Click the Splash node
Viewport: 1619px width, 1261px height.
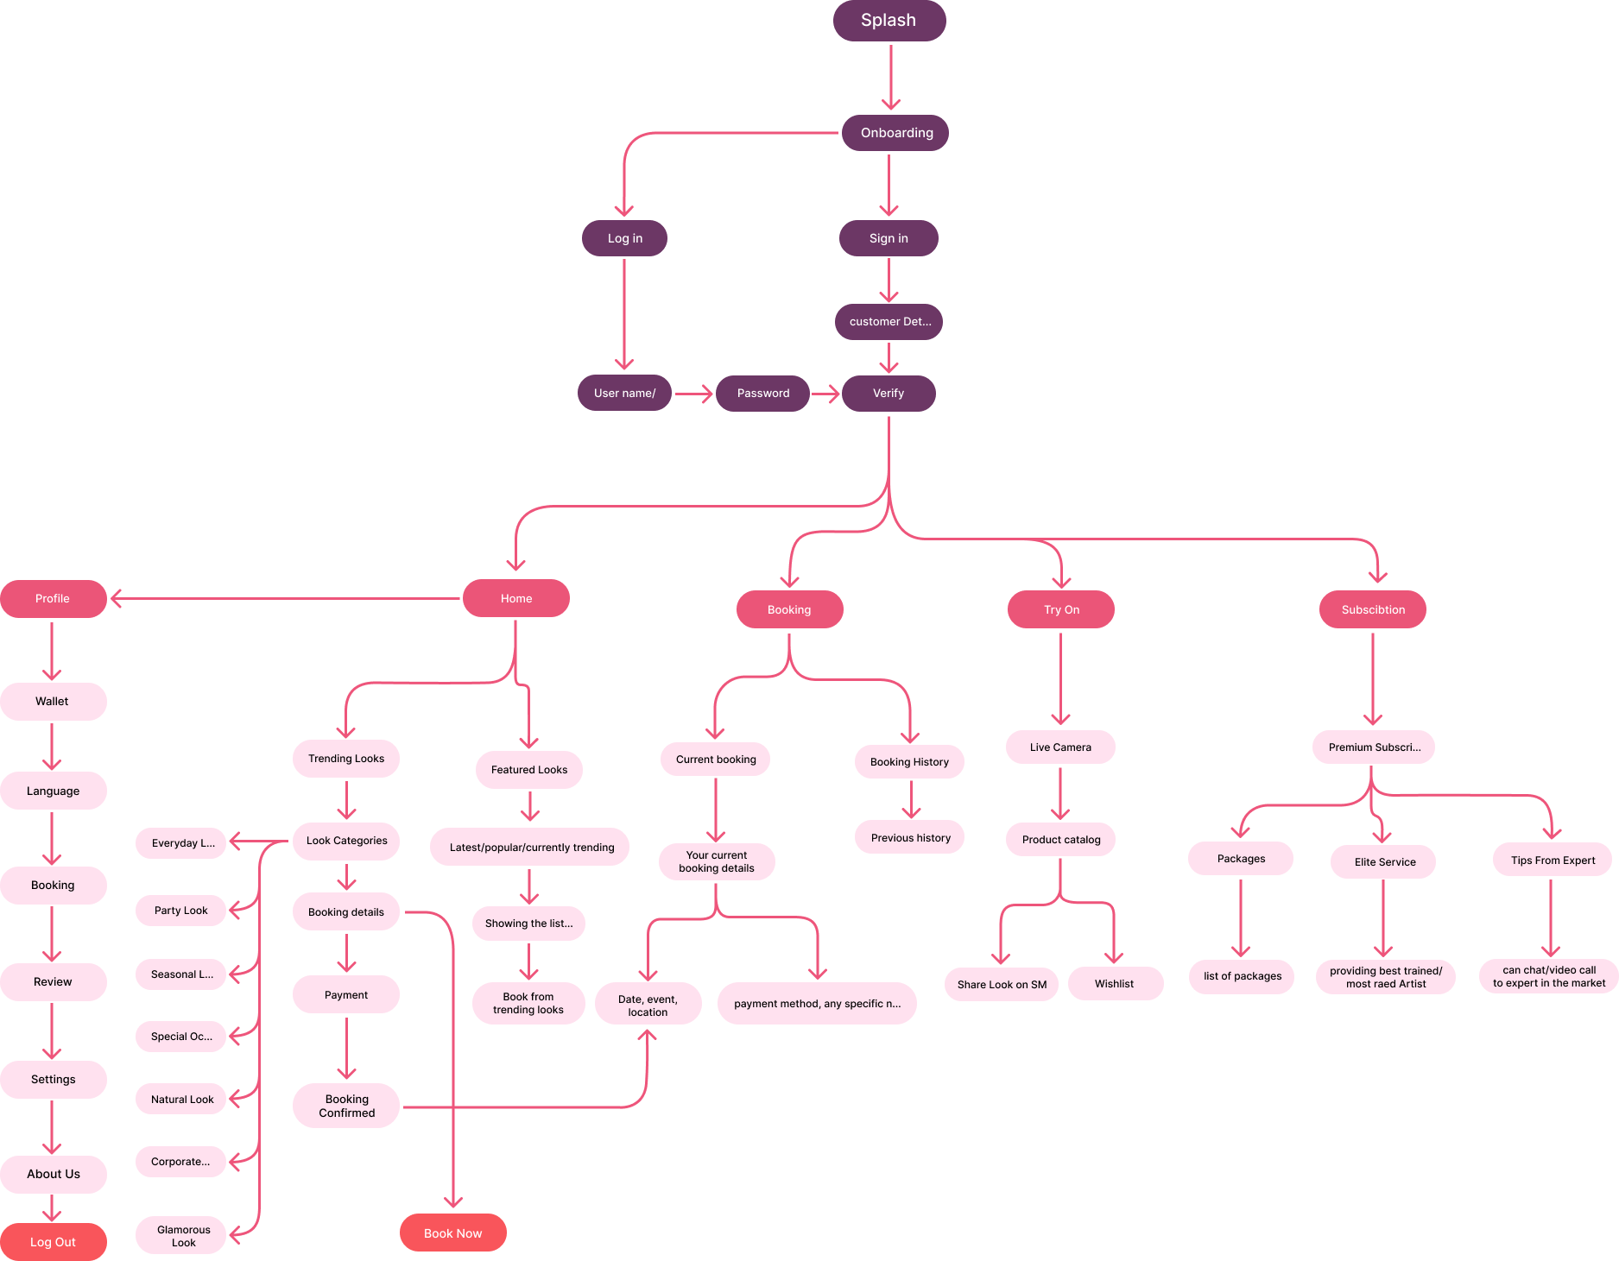tap(889, 21)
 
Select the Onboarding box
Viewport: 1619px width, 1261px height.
tap(895, 133)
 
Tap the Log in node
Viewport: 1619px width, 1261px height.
tap(624, 238)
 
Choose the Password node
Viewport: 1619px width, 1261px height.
tap(762, 394)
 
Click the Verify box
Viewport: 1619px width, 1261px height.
tap(888, 394)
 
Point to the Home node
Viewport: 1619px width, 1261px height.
tap(515, 598)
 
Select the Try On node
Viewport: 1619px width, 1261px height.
tap(1060, 609)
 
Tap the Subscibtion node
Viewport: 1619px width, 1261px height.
tap(1372, 609)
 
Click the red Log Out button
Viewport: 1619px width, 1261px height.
tap(53, 1242)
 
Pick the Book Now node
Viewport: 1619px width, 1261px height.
tap(452, 1233)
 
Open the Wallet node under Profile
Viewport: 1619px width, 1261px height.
tap(53, 702)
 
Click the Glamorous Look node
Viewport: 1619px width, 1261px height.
tap(181, 1236)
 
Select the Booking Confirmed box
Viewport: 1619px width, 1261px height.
tap(346, 1106)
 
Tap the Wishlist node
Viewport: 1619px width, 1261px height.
tap(1115, 984)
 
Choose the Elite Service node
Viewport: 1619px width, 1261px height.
tap(1383, 861)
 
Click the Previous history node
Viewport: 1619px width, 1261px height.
tap(909, 837)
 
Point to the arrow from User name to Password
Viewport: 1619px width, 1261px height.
tap(693, 394)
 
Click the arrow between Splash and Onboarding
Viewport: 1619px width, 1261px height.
tap(890, 78)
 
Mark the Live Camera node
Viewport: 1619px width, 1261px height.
tap(1060, 747)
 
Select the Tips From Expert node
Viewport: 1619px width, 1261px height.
tap(1552, 860)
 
